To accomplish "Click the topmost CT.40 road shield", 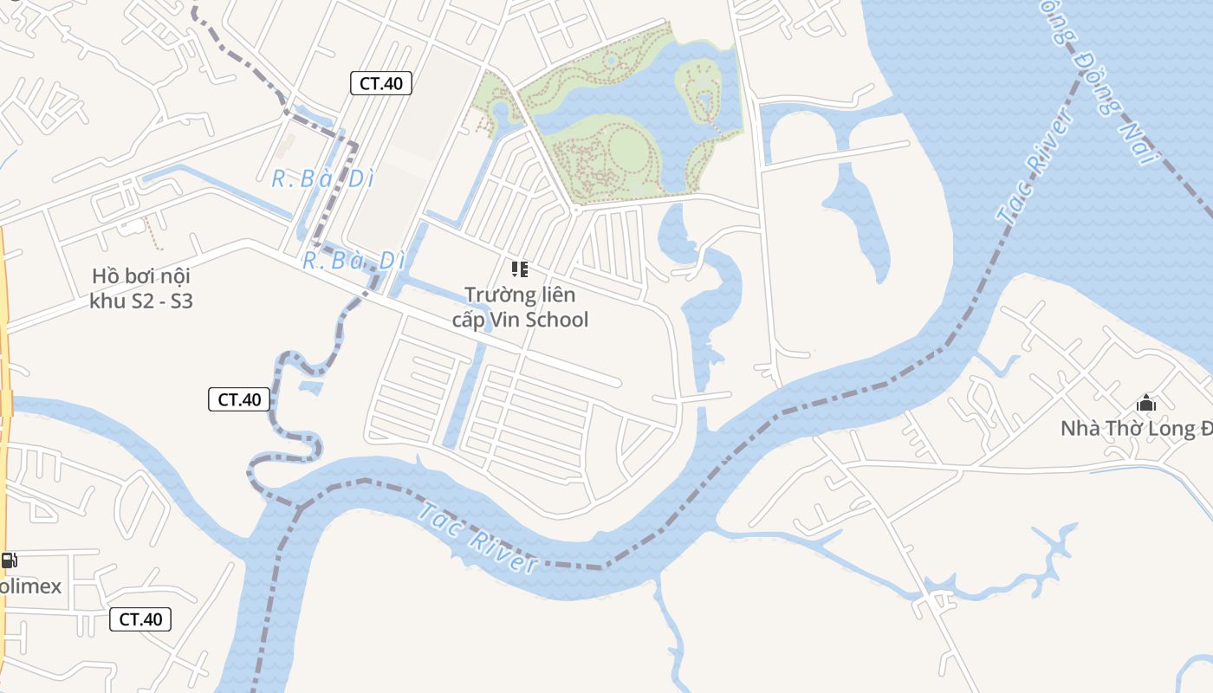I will click(x=380, y=83).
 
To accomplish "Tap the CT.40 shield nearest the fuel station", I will click(x=140, y=619).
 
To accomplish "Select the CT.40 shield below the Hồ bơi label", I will click(x=239, y=399).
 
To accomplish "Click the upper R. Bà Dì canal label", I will click(x=322, y=179).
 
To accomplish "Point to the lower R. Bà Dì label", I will click(x=354, y=260).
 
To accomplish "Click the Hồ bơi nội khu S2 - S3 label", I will click(x=141, y=288).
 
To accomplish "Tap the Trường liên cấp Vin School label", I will click(x=520, y=307).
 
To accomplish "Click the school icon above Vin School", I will click(x=519, y=269).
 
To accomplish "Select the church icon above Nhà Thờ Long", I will click(x=1146, y=403).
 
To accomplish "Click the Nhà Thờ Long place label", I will click(x=1135, y=429).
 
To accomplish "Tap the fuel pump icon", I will click(x=9, y=560).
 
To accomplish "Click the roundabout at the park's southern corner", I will click(x=574, y=210).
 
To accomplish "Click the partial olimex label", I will click(x=31, y=586).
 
